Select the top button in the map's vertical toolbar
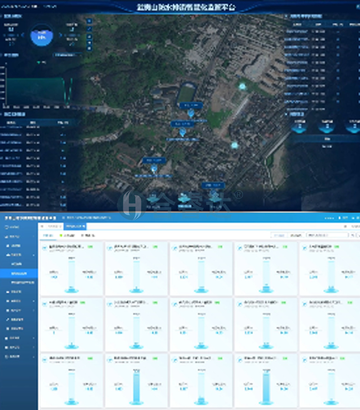89,21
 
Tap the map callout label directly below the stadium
191,105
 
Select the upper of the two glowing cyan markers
243,86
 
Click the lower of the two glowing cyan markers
234,145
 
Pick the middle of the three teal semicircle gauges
327,128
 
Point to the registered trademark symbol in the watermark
239,194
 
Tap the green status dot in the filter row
61,235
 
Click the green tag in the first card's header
90,247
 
